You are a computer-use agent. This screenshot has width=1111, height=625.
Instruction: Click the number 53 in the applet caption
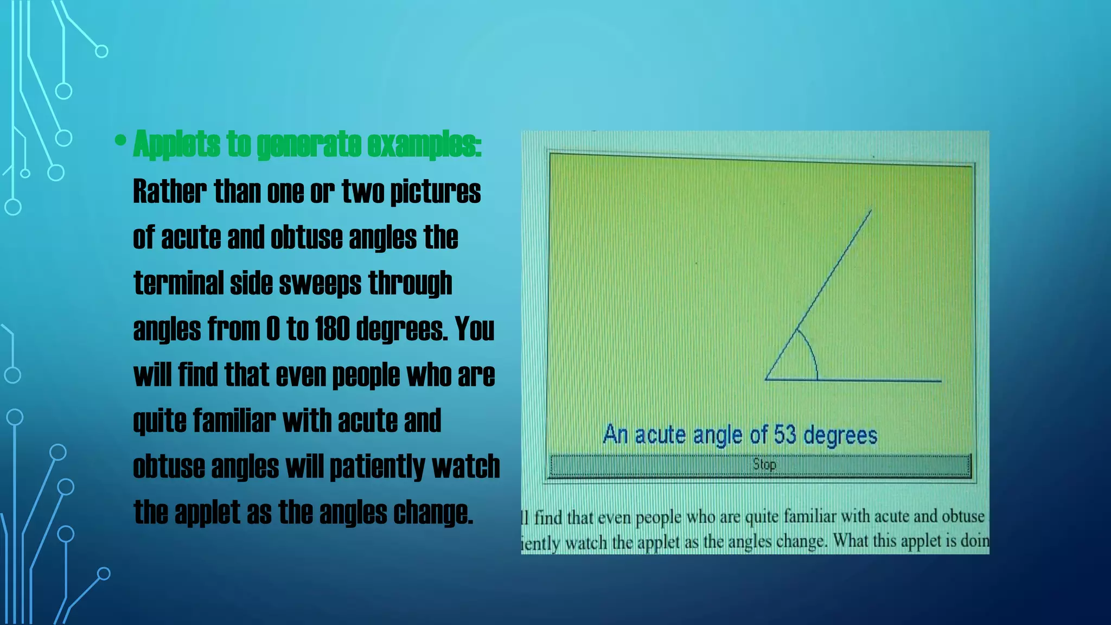pyautogui.click(x=784, y=435)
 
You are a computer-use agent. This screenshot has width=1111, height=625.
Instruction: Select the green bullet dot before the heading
pyautogui.click(x=120, y=141)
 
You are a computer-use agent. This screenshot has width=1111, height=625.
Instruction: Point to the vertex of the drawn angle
pyautogui.click(x=765, y=379)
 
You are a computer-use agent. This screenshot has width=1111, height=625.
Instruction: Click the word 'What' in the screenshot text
pyautogui.click(x=851, y=541)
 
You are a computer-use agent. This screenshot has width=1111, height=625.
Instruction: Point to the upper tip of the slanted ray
pyautogui.click(x=871, y=211)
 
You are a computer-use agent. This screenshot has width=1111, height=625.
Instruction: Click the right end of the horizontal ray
pyautogui.click(x=940, y=381)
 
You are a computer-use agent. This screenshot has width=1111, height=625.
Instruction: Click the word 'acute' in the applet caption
pyautogui.click(x=660, y=435)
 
